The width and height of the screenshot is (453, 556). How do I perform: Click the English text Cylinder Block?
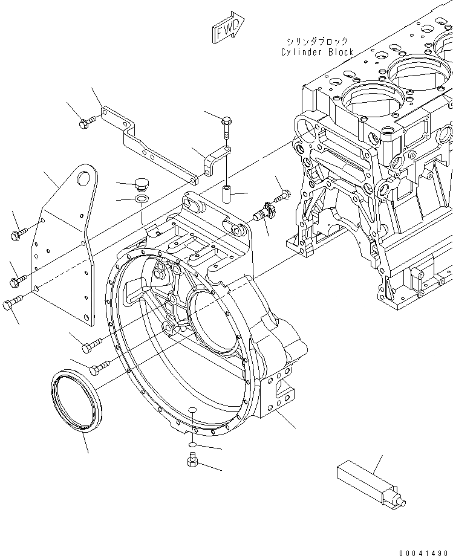tap(317, 52)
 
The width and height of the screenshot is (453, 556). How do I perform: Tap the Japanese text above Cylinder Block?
tap(317, 42)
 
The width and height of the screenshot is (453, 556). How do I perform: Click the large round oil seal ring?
tap(75, 402)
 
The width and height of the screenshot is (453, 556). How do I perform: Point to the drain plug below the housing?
tap(191, 462)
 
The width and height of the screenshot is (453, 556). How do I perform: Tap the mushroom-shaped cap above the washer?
tap(142, 183)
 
